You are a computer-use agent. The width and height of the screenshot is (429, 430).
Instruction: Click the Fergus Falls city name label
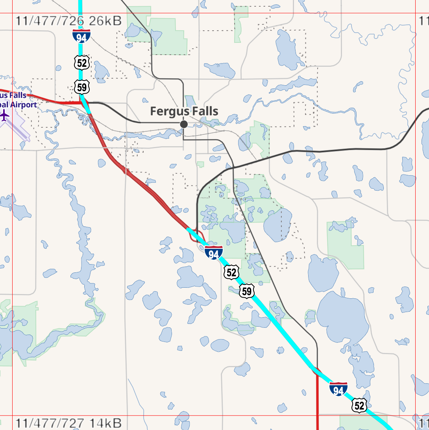[x=184, y=111]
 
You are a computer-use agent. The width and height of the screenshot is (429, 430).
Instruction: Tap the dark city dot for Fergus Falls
[x=183, y=124]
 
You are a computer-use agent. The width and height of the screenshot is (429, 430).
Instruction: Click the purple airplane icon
[x=4, y=116]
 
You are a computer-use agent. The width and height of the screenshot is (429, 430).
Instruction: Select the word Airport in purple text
[x=20, y=105]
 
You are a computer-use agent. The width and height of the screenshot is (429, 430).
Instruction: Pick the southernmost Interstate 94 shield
[x=338, y=389]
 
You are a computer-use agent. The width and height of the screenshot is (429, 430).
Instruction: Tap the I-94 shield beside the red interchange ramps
[x=214, y=253]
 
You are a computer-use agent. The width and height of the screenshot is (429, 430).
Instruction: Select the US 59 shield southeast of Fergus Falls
[x=246, y=291]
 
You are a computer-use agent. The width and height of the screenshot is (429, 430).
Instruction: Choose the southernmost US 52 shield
[x=359, y=406]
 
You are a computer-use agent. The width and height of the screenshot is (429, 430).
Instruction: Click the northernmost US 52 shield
[x=82, y=62]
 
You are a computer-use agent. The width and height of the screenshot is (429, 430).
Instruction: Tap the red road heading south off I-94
[x=317, y=401]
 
